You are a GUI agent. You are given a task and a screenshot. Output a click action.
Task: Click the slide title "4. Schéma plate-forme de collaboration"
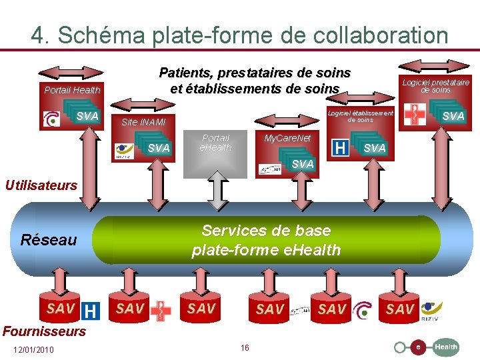(239, 35)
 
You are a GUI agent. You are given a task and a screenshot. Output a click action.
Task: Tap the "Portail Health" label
(72, 90)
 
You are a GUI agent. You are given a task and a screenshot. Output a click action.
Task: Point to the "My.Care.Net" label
(287, 138)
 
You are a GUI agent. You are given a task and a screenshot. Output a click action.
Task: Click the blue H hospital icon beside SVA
(340, 148)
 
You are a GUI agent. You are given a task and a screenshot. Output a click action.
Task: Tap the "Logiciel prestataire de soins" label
(435, 85)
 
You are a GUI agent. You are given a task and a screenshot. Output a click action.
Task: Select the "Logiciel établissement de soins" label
(360, 116)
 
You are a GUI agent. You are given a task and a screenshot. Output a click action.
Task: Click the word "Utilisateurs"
(41, 185)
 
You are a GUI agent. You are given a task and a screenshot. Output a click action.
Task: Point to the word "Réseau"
(49, 239)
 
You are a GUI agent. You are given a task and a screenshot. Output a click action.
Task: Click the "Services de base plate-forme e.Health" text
(266, 240)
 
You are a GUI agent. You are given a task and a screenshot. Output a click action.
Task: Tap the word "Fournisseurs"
(44, 331)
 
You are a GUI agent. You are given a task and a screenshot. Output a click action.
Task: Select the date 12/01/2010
(33, 351)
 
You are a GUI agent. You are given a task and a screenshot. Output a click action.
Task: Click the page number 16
(245, 348)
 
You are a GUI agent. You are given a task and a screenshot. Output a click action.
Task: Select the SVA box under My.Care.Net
(301, 164)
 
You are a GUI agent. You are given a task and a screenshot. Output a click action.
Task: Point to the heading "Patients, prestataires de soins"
(255, 73)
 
